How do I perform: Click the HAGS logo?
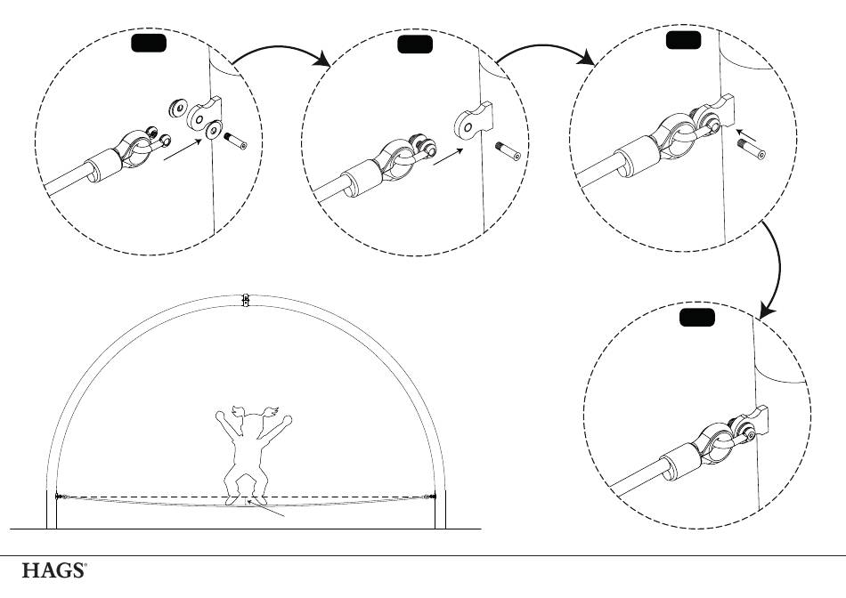(x=53, y=570)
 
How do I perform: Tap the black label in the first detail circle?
(x=149, y=43)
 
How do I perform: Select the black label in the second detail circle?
(x=414, y=44)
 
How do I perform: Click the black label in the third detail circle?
(x=684, y=40)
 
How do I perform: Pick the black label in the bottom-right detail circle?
(x=697, y=318)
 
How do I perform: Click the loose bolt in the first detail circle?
(x=235, y=141)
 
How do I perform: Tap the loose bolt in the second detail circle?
(x=508, y=150)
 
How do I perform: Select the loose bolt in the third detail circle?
(x=752, y=149)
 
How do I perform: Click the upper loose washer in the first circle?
(x=177, y=108)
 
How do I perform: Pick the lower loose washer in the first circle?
(x=214, y=129)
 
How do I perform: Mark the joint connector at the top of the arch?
(x=246, y=300)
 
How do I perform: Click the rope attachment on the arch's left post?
(x=62, y=497)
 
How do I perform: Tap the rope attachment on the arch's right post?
(x=430, y=497)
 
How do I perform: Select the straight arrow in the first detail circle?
(x=183, y=149)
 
